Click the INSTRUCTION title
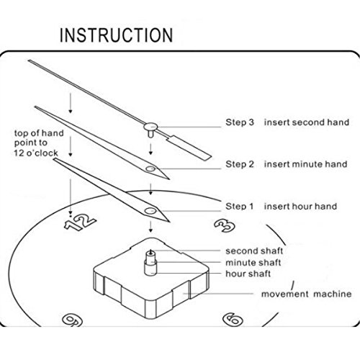[x=116, y=35]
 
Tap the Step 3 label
[x=240, y=122]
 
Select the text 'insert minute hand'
[x=305, y=164]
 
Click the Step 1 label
[x=239, y=206]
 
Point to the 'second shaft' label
[x=254, y=251]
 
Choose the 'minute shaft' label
[x=253, y=262]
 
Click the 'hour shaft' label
[x=248, y=274]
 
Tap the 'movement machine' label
[x=306, y=294]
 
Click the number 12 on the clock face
[x=80, y=222]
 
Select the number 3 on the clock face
[x=225, y=225]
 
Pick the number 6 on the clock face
[x=233, y=320]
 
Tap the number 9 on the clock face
[x=72, y=320]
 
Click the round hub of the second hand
[x=150, y=126]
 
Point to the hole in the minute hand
[x=150, y=168]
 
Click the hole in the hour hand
[x=150, y=211]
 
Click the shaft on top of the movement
[x=150, y=263]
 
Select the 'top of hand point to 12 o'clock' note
[x=39, y=143]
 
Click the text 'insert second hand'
[x=307, y=122]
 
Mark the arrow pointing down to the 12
[x=71, y=197]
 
